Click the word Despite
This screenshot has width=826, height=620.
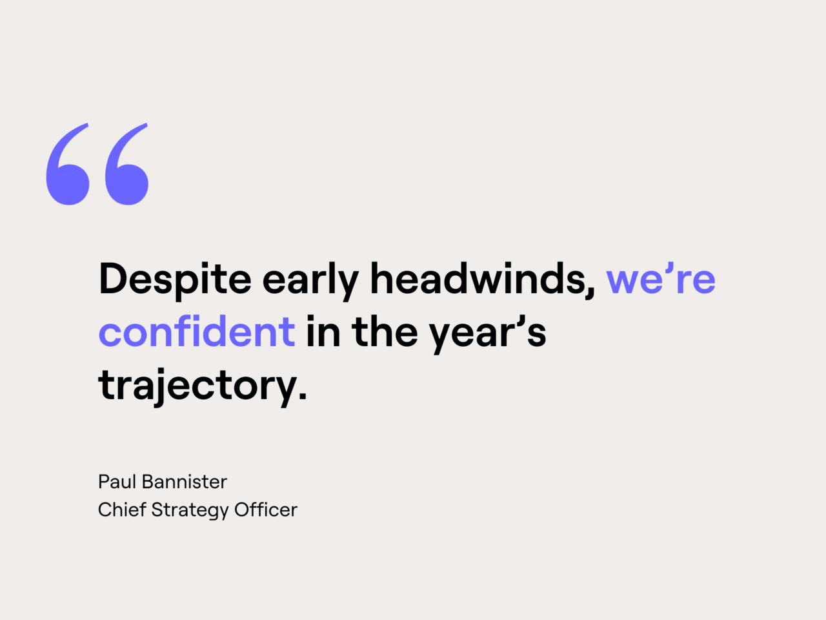(175, 280)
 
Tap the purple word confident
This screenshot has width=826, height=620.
(197, 332)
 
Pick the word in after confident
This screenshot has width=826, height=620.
(323, 332)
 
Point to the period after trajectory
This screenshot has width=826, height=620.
(303, 395)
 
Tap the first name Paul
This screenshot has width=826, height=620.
(117, 482)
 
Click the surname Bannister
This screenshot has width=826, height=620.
(185, 482)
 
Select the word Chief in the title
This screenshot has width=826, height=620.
(121, 510)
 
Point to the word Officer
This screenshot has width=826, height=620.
(266, 510)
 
